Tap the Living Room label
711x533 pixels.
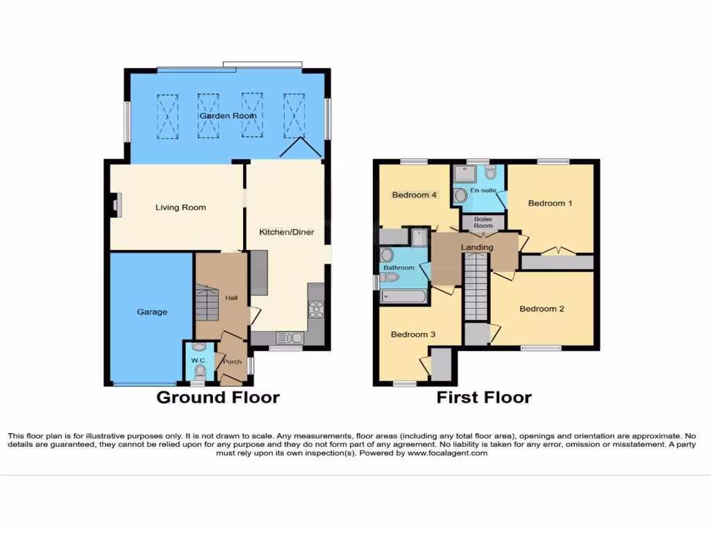coord(181,208)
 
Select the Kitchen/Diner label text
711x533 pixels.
coord(286,232)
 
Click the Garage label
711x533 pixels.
coord(151,312)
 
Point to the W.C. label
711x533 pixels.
coord(199,361)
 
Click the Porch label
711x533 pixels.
coord(232,361)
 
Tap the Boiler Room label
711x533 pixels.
coord(483,222)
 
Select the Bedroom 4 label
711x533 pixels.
coord(414,195)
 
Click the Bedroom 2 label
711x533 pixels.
coord(542,309)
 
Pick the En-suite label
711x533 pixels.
coord(483,190)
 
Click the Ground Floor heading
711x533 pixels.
coord(218,398)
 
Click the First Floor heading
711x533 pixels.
coord(484,398)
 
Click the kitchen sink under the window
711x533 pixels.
coord(290,338)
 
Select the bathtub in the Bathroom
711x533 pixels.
coord(403,296)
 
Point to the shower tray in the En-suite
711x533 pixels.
coord(465,174)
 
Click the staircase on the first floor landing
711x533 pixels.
coord(476,286)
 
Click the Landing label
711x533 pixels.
coord(477,247)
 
